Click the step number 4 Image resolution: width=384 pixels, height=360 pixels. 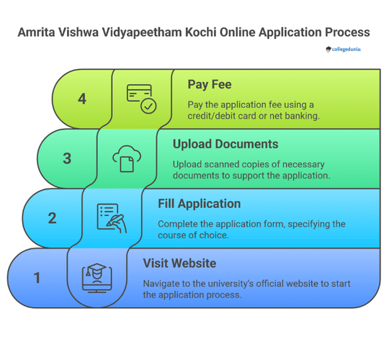point(82,99)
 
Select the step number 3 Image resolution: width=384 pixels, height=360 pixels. point(67,158)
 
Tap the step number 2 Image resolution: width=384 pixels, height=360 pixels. point(52,218)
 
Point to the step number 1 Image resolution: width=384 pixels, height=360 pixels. point(37,278)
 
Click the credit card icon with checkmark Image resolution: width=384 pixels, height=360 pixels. point(141,99)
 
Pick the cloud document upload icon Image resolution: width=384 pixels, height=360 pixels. point(126,158)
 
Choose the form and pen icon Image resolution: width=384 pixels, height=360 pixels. point(112,218)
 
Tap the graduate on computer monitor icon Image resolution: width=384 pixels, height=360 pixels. point(97,278)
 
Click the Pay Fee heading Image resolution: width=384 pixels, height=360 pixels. point(209,85)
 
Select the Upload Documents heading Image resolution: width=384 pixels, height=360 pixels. point(225,145)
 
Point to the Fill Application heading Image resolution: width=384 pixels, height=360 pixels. point(199,204)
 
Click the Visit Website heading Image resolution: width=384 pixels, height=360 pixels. point(179,264)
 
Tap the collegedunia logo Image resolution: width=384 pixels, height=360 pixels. point(344,50)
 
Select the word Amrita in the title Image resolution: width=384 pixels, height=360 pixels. point(37,32)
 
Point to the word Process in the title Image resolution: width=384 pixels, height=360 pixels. point(345,32)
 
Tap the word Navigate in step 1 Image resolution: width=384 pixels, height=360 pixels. point(164,284)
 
